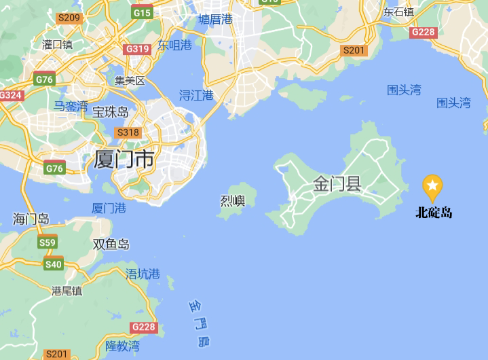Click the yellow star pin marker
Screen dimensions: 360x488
point(432,185)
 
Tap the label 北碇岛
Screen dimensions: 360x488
point(434,213)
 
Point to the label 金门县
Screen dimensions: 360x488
point(337,183)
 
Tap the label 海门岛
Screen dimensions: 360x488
point(31,219)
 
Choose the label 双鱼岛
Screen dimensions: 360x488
point(111,245)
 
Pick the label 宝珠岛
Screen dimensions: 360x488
point(110,111)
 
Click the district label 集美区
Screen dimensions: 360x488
point(130,80)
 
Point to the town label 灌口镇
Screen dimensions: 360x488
point(57,44)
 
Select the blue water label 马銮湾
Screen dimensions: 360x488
point(71,106)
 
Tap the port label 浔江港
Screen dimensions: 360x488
point(195,95)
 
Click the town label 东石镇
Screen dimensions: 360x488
point(398,12)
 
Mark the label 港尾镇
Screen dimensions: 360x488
point(67,290)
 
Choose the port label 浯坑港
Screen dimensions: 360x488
point(143,274)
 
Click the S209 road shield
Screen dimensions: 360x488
point(69,17)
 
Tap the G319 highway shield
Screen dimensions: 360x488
point(136,49)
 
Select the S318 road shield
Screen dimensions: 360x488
point(128,132)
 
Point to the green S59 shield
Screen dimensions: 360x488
point(48,242)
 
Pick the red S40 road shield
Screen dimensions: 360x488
point(53,264)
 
